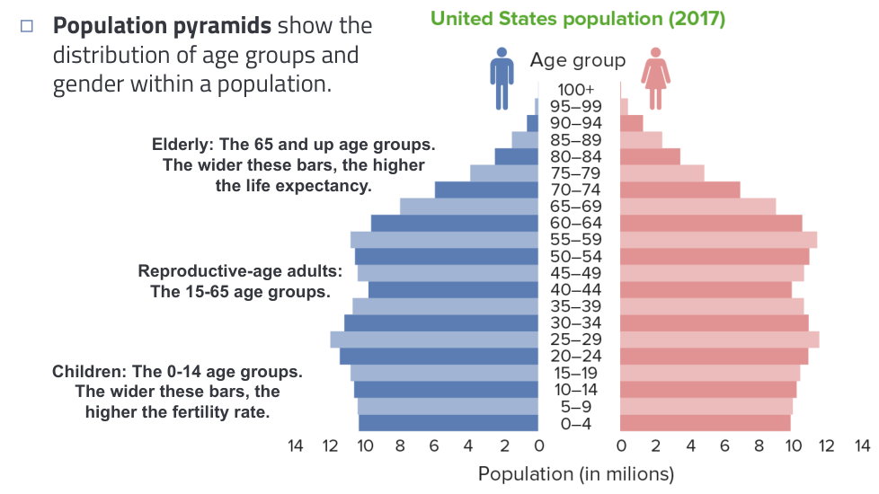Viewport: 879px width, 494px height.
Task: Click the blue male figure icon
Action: [502, 79]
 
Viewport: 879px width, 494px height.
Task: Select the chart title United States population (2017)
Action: [578, 19]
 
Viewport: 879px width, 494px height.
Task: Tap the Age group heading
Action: [577, 61]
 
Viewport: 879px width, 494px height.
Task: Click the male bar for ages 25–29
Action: [434, 340]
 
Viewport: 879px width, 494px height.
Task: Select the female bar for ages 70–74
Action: [680, 190]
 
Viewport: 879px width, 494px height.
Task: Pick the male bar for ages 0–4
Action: [448, 423]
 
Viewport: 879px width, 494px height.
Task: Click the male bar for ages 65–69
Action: [469, 207]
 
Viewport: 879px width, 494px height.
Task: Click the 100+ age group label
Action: [575, 90]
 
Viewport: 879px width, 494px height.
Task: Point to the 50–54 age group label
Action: [575, 257]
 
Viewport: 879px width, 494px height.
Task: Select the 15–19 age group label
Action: [575, 373]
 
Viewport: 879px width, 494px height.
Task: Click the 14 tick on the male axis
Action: [295, 445]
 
